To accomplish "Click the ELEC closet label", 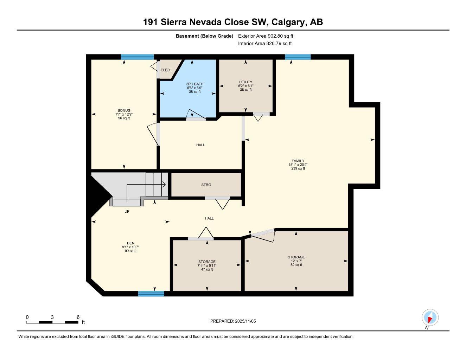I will click(x=165, y=70).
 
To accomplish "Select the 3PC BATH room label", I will click(x=195, y=84).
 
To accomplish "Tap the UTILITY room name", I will click(x=245, y=82).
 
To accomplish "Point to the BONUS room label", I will click(x=124, y=110).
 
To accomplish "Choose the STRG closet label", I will click(x=206, y=185).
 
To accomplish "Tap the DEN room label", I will click(x=131, y=243).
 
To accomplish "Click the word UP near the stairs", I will click(x=127, y=212).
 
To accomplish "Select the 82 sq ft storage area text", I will click(x=296, y=265).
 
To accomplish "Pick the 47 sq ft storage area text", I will click(x=207, y=270).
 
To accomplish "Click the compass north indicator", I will click(x=430, y=318).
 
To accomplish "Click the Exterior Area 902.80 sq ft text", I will click(x=266, y=36).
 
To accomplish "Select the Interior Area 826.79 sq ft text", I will click(x=265, y=44).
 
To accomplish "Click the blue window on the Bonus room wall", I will click(x=138, y=57).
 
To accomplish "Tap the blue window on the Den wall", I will click(x=151, y=294).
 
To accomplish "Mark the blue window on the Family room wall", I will click(x=298, y=57).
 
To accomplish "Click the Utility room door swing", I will click(x=258, y=117).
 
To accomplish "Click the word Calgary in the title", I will click(x=288, y=22).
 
